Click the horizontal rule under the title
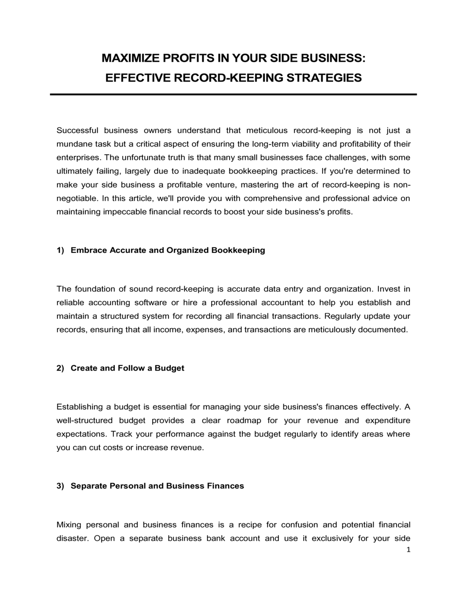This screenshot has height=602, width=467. pos(233,94)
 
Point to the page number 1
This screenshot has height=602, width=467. pos(409,550)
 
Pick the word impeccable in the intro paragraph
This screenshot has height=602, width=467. pos(125,212)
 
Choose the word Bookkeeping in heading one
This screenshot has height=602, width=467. pos(238,250)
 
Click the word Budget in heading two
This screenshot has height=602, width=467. pos(170,368)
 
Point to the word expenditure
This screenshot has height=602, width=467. pos(388,420)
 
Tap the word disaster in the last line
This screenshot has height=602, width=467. pos(72,538)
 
